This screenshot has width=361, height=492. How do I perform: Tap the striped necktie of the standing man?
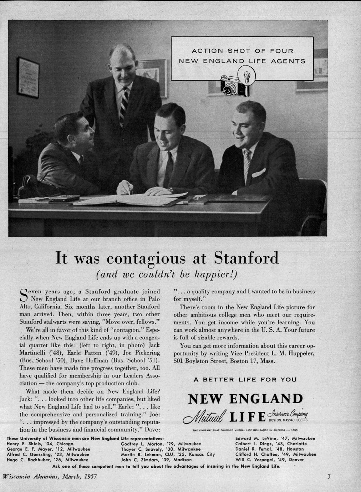click(x=123, y=105)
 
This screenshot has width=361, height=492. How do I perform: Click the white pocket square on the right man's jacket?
click(x=259, y=173)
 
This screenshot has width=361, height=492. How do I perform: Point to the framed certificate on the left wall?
click(x=28, y=77)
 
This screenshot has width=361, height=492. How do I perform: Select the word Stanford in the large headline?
click(x=246, y=258)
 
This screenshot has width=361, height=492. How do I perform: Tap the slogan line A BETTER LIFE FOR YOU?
click(x=245, y=380)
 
